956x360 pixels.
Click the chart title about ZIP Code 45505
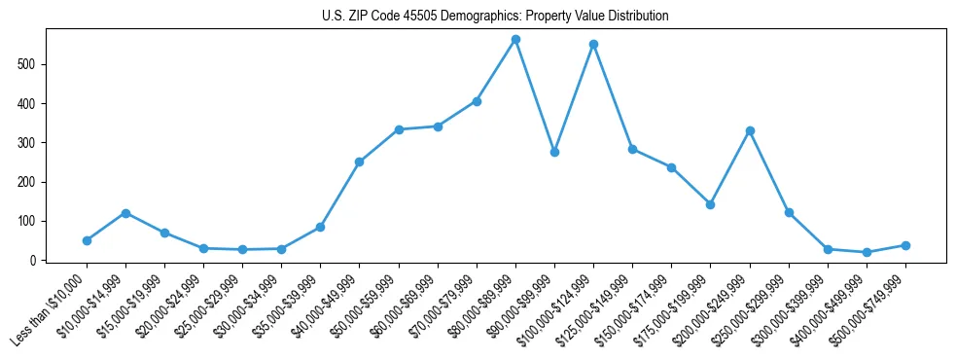tap(495, 17)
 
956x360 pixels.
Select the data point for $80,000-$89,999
tap(515, 40)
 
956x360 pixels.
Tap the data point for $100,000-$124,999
tap(593, 45)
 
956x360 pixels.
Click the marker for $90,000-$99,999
tap(554, 152)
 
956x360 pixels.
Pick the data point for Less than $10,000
tap(87, 240)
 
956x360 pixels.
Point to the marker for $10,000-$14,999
tap(125, 213)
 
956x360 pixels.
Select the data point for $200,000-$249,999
tap(750, 130)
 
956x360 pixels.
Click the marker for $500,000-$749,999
tap(905, 245)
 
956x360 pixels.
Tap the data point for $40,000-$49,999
tap(359, 162)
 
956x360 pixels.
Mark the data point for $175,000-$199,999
tap(710, 204)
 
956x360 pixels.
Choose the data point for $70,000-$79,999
tap(477, 101)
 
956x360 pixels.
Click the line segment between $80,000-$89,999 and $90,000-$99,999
tap(535, 96)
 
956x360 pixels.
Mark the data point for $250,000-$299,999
tap(789, 212)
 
